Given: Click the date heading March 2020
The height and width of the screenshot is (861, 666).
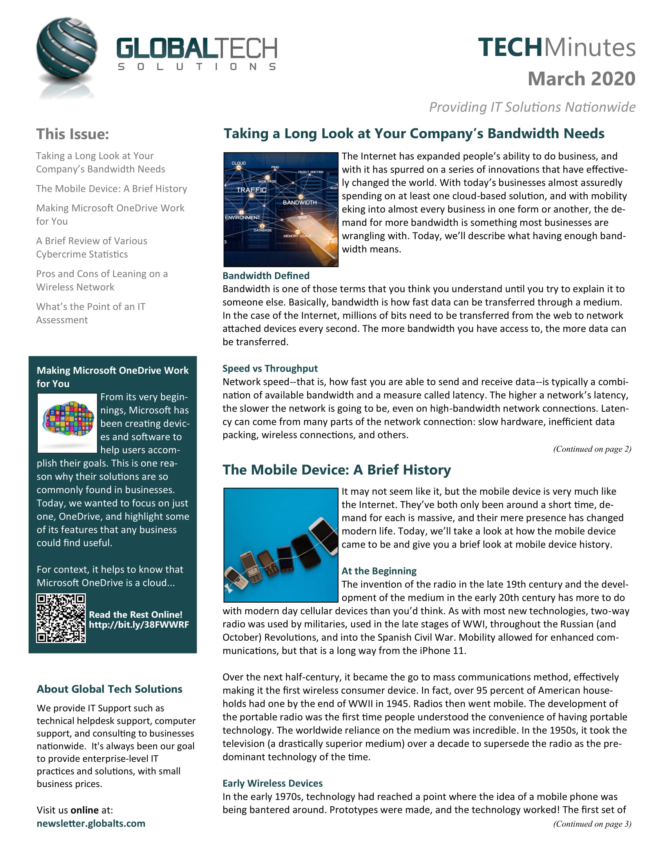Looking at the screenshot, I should [x=581, y=78].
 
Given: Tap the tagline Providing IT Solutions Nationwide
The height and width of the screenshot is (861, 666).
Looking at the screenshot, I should [x=532, y=107].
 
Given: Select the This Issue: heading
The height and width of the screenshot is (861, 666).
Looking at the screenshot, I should [x=72, y=134].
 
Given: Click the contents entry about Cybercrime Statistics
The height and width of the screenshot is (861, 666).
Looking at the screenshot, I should [x=92, y=247].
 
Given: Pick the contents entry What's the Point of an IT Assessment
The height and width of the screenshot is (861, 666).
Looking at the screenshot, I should [x=91, y=313].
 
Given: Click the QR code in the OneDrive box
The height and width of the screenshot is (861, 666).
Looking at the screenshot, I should [x=61, y=618].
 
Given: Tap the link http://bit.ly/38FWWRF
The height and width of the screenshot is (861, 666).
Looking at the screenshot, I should [x=139, y=625].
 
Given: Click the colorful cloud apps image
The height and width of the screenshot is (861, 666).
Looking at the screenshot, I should [x=67, y=423].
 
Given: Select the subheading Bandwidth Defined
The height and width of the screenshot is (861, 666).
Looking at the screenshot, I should [x=266, y=276].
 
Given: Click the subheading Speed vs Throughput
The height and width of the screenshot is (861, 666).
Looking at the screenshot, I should [x=270, y=368].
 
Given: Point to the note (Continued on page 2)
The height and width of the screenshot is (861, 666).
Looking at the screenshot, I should [x=592, y=449].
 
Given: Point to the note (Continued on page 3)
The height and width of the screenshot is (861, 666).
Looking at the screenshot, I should [x=592, y=823].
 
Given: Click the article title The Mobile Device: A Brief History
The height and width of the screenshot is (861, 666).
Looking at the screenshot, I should [x=337, y=470].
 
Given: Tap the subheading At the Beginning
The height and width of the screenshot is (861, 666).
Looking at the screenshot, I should [x=379, y=571].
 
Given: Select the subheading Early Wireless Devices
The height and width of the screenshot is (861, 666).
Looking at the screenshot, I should [x=272, y=783].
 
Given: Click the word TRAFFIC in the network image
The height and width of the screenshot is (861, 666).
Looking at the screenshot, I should [x=252, y=190].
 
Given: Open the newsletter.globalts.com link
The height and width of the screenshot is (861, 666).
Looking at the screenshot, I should [x=91, y=823].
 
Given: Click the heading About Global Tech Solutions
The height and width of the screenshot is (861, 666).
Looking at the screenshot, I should [x=109, y=689].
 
